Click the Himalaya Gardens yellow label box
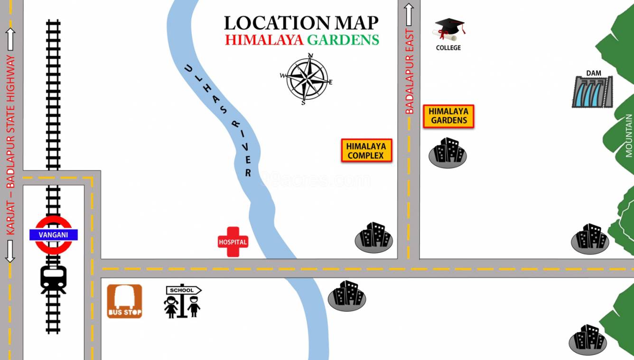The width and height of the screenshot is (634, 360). click(x=448, y=116)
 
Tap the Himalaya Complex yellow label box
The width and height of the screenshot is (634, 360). click(x=366, y=151)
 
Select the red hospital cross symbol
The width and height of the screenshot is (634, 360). click(x=233, y=242)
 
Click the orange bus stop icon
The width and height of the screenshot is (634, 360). click(x=124, y=301)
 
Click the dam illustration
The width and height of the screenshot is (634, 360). click(x=592, y=92)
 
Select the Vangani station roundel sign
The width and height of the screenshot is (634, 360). click(x=53, y=235)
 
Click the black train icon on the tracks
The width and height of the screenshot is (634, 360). click(x=53, y=279)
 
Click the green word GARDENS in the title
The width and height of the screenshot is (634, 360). click(x=343, y=40)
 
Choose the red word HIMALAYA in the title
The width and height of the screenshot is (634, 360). click(x=264, y=40)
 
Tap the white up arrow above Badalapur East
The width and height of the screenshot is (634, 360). click(x=409, y=14)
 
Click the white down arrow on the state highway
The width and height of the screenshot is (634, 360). click(x=10, y=251)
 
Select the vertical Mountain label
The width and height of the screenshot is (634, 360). click(x=629, y=135)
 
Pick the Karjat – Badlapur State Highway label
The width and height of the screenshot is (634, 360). click(x=11, y=145)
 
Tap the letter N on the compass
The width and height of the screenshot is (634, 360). click(x=311, y=55)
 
